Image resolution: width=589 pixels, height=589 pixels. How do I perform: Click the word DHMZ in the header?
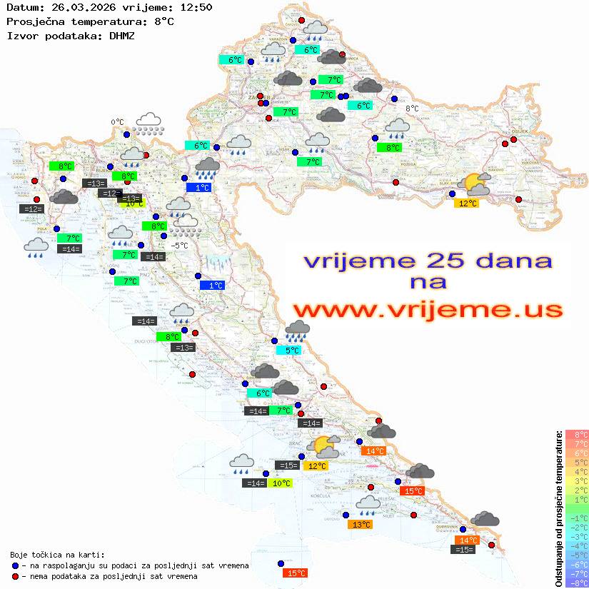122,35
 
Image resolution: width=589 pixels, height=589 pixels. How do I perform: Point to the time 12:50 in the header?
196,7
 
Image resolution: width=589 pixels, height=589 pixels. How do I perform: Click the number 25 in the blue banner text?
450,261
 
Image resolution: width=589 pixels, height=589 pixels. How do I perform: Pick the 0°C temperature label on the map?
117,122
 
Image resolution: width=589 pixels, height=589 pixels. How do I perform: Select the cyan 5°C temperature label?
292,351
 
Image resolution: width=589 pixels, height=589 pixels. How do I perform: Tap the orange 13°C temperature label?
361,525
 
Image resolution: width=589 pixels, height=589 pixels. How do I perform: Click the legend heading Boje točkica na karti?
57,555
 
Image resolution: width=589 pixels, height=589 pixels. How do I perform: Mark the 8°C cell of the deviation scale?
577,434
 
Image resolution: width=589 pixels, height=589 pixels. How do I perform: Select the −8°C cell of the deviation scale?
577,583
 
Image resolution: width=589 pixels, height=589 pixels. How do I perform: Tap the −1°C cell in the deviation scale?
577,518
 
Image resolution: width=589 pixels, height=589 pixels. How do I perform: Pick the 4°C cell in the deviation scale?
577,471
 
